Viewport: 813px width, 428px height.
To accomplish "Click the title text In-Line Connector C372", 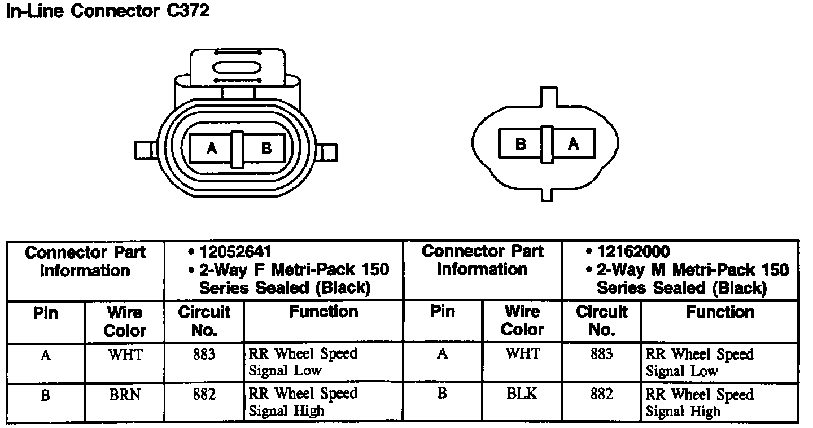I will (x=107, y=11).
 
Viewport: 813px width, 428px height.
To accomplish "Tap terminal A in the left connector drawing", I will (x=212, y=149).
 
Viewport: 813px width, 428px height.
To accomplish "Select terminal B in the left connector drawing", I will (x=266, y=149).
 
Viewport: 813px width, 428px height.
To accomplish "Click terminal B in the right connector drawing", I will (x=521, y=144).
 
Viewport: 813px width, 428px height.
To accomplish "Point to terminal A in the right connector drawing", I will (x=574, y=144).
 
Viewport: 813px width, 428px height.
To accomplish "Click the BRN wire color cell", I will (x=125, y=395).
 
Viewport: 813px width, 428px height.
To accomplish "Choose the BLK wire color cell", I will (x=522, y=394).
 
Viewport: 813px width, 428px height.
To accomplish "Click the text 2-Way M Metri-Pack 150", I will (x=692, y=269).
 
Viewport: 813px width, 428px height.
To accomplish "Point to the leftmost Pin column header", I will (x=45, y=312).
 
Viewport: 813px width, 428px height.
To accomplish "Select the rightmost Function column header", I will (x=720, y=312).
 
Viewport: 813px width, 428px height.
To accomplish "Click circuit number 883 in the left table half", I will (x=204, y=355).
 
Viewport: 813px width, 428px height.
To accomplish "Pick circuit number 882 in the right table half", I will (x=601, y=394).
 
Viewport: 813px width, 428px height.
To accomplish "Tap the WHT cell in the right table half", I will (x=522, y=354).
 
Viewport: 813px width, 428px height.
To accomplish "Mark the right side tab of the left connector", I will (x=328, y=152).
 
